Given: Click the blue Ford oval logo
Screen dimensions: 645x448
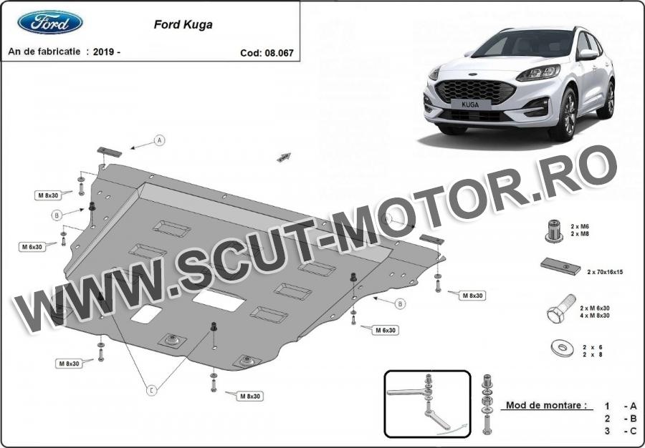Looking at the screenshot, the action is point(49,22).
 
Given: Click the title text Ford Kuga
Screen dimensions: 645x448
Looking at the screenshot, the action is point(183,24).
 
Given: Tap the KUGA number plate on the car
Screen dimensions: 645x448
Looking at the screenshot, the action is point(470,104).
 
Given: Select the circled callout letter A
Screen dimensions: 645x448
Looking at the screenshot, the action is point(160,140).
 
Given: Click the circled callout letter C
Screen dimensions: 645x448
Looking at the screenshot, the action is point(152,390).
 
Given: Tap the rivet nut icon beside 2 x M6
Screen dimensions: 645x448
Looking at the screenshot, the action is point(555,230).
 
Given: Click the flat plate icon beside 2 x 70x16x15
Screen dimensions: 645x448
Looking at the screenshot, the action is point(560,266).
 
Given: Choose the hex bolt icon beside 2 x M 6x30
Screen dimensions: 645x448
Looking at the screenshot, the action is point(561,308).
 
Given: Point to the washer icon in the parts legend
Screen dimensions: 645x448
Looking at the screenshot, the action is point(562,349).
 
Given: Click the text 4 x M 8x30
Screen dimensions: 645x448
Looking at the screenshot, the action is point(595,316).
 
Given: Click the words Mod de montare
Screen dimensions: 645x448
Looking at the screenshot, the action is point(546,405).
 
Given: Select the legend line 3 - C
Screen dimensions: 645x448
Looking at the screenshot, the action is point(621,431).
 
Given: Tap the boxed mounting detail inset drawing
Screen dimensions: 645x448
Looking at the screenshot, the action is point(427,404).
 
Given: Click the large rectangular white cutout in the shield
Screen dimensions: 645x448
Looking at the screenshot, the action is point(219,298).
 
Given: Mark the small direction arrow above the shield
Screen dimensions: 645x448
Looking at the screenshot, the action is point(284,157).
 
